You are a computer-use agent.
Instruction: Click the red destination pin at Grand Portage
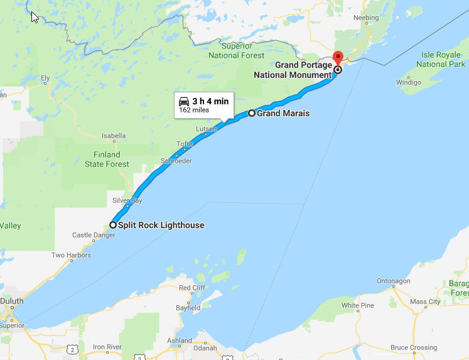point(337,58)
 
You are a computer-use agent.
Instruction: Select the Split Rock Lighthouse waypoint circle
point(113,225)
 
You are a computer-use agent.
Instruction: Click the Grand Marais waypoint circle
point(252,113)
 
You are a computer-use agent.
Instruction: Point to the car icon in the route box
point(184,101)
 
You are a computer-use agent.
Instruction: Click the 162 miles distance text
point(194,110)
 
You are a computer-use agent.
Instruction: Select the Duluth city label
point(11,301)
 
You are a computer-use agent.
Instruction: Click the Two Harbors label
point(71,255)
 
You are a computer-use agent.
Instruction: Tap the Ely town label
point(45,79)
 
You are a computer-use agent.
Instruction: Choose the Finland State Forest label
point(107,160)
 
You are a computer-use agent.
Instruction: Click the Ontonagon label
point(394,280)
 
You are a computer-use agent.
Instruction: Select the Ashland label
point(180,341)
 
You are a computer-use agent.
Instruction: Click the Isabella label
point(114,135)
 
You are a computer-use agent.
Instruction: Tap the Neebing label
point(366,18)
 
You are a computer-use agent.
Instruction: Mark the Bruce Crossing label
point(413,347)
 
